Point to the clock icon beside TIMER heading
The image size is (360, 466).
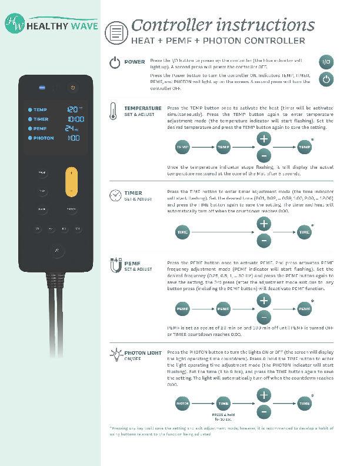(114, 195)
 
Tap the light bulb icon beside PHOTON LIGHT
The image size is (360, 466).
(115, 355)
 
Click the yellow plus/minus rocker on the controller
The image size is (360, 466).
(72, 182)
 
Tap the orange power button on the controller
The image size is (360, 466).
(72, 88)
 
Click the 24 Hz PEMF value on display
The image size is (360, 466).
(71, 128)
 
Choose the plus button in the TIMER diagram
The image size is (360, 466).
(264, 224)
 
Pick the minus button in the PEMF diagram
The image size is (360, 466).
(264, 317)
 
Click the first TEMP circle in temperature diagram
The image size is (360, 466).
(184, 147)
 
